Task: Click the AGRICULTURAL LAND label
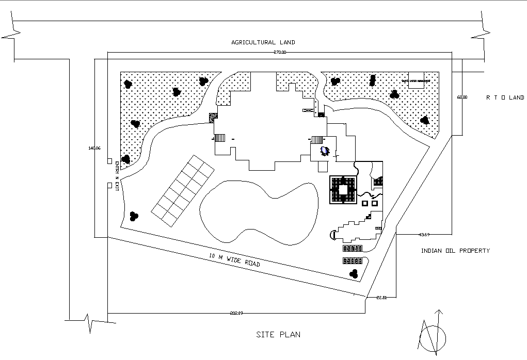tap(263, 42)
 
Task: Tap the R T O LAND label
tap(505, 97)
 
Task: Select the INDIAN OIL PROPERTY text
tap(455, 251)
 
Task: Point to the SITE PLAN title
tap(278, 334)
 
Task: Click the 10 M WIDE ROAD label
tap(234, 259)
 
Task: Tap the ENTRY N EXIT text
tap(117, 176)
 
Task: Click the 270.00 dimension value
tap(279, 53)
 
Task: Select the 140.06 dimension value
tap(94, 149)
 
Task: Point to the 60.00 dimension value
tap(462, 97)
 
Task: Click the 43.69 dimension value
tap(424, 235)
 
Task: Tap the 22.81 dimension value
tap(382, 297)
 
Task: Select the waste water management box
tap(416, 80)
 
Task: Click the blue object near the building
tap(325, 151)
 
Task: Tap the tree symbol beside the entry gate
tap(125, 159)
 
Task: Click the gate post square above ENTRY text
tap(109, 161)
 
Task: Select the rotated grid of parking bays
tap(183, 191)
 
